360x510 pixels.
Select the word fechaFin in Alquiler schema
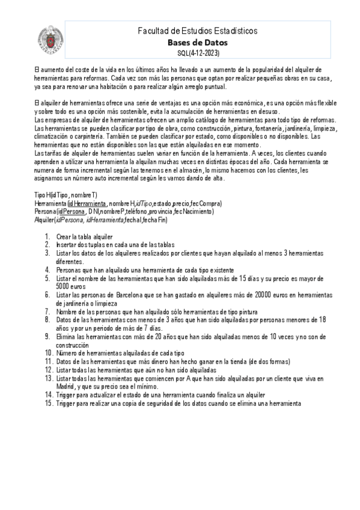point(154,220)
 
